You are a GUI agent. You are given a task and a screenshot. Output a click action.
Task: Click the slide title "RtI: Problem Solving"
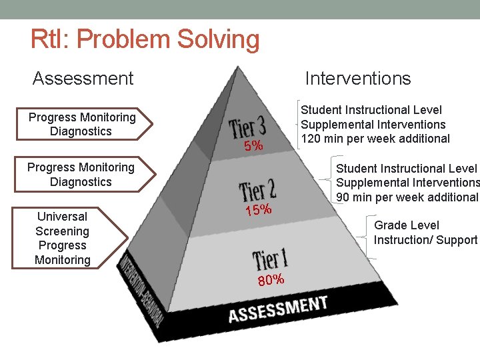[145, 40]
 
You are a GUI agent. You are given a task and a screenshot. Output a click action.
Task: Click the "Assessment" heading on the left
[83, 79]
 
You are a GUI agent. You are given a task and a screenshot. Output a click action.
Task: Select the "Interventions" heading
[357, 79]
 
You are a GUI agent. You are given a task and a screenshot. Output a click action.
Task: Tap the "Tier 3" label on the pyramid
[247, 125]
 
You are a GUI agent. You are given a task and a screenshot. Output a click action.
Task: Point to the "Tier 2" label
[257, 189]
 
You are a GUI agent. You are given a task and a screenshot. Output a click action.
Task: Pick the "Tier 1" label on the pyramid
[270, 258]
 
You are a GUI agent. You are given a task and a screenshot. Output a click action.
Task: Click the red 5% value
[253, 145]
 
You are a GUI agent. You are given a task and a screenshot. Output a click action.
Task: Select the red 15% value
[258, 211]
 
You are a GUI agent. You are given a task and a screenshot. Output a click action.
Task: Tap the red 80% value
[271, 279]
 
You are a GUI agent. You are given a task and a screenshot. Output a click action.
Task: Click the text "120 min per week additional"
[375, 139]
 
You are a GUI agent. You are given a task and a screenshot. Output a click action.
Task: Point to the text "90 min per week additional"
[407, 197]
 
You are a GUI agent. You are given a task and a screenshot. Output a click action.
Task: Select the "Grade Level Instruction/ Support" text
[425, 232]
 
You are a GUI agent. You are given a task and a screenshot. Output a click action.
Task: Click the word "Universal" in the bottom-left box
[62, 217]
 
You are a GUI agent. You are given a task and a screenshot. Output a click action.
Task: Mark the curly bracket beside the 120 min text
[293, 125]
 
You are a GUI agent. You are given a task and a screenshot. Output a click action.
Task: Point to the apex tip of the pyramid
[238, 66]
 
